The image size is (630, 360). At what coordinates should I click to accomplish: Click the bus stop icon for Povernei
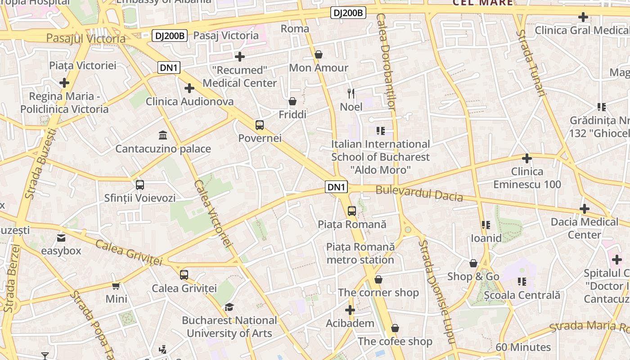click(x=260, y=125)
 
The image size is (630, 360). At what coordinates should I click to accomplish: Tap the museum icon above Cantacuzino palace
click(x=163, y=135)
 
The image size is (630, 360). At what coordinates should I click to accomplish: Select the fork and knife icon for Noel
click(x=351, y=94)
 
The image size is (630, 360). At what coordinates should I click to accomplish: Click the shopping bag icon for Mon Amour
click(x=319, y=54)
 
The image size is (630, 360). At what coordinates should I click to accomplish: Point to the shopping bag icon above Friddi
click(x=292, y=101)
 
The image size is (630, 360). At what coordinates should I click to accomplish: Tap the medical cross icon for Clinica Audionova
click(x=189, y=88)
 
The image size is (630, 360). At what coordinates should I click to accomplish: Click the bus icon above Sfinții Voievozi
click(x=140, y=184)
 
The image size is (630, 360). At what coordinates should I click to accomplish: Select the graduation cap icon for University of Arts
click(x=229, y=307)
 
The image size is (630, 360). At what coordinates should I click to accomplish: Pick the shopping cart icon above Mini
click(x=116, y=286)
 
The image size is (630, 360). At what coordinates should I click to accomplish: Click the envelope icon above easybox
click(x=61, y=238)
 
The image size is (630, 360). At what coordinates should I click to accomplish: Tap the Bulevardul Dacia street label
click(x=419, y=193)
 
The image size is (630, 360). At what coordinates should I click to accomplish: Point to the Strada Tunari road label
click(x=531, y=63)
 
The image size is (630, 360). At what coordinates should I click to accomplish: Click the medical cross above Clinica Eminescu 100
click(x=527, y=158)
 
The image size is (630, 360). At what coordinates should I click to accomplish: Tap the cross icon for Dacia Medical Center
click(x=585, y=209)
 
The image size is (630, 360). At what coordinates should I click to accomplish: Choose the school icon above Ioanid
click(x=486, y=225)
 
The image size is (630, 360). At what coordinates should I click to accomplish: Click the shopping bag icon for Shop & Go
click(x=473, y=263)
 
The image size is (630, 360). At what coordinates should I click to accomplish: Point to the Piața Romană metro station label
click(x=360, y=253)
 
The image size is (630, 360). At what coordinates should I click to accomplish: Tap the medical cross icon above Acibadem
click(x=350, y=310)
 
